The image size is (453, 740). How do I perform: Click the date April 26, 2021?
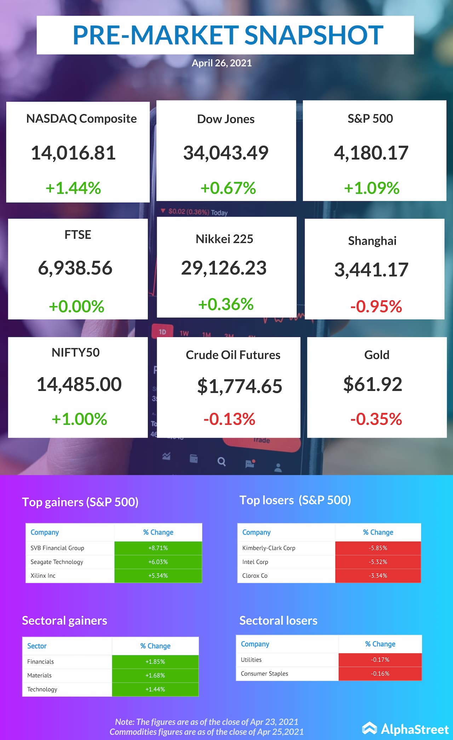coord(222,63)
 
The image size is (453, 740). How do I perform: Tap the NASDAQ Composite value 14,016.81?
coord(73,153)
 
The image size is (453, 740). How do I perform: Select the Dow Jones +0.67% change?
coord(228,188)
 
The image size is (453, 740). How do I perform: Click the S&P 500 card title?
coord(370,118)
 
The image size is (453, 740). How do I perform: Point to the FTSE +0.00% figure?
coord(76,306)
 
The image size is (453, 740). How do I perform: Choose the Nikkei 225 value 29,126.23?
coord(224,268)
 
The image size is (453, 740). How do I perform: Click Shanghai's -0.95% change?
coord(376,306)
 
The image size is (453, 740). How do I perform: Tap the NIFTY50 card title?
coord(76,352)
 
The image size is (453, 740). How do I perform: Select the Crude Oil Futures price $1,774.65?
coord(240,386)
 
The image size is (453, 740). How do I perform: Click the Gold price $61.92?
coord(373,384)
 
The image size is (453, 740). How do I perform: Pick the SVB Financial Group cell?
coord(57,548)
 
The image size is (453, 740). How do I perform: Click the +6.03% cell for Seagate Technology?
coord(158,562)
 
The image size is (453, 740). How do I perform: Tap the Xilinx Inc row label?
coord(43,576)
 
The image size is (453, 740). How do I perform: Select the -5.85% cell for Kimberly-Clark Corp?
coord(378,548)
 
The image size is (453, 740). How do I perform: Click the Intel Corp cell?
coord(255,562)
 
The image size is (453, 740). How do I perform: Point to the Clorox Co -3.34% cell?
coord(378,576)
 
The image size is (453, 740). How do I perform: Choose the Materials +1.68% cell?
coord(155,675)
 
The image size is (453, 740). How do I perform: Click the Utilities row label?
coord(251,660)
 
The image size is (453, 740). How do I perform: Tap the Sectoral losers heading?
coord(278,620)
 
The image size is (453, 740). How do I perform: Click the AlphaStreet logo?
coord(406,729)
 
